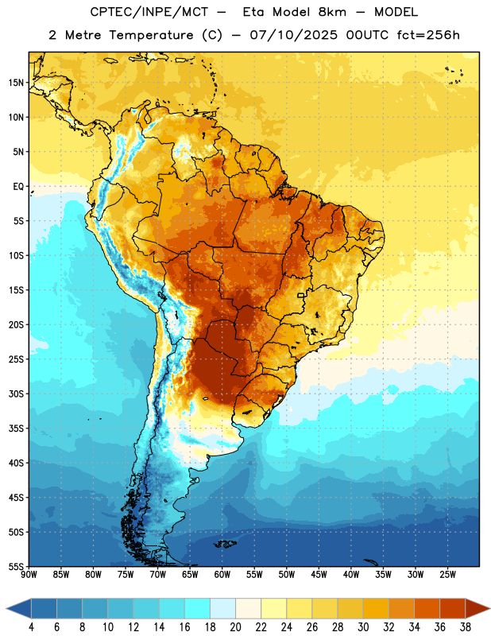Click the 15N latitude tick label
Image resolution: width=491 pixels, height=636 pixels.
click(x=16, y=83)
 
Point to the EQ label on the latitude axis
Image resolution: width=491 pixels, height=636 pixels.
click(x=18, y=187)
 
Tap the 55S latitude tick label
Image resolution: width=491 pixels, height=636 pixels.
click(x=16, y=566)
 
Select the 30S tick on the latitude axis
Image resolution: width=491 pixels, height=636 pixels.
click(x=16, y=394)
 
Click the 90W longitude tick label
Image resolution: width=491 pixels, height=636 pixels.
click(x=29, y=575)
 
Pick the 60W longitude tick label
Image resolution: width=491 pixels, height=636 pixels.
click(x=222, y=575)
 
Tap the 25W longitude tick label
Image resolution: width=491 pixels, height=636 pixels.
click(x=447, y=575)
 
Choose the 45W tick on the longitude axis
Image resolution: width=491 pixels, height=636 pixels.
click(x=319, y=575)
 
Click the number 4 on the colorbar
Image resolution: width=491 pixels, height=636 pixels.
click(x=31, y=627)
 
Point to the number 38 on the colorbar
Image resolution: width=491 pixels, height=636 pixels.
click(x=466, y=627)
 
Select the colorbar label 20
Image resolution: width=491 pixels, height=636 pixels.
click(x=235, y=627)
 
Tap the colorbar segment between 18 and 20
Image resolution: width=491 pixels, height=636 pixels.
click(x=223, y=608)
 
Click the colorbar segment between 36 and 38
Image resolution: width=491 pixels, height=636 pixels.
click(x=453, y=608)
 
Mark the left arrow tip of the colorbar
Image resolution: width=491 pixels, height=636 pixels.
click(x=6, y=608)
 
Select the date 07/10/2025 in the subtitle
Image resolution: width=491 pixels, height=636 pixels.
click(x=293, y=35)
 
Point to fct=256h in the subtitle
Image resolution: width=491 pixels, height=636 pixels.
click(x=428, y=35)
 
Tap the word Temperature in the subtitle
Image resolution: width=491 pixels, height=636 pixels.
click(x=151, y=35)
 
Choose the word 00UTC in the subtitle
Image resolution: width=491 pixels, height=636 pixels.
click(x=367, y=35)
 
